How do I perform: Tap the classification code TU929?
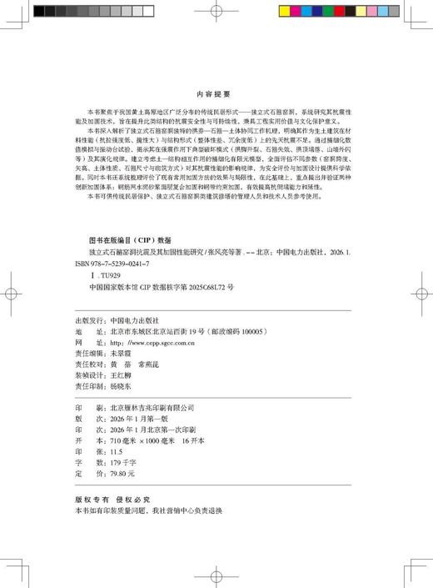point(97,274)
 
